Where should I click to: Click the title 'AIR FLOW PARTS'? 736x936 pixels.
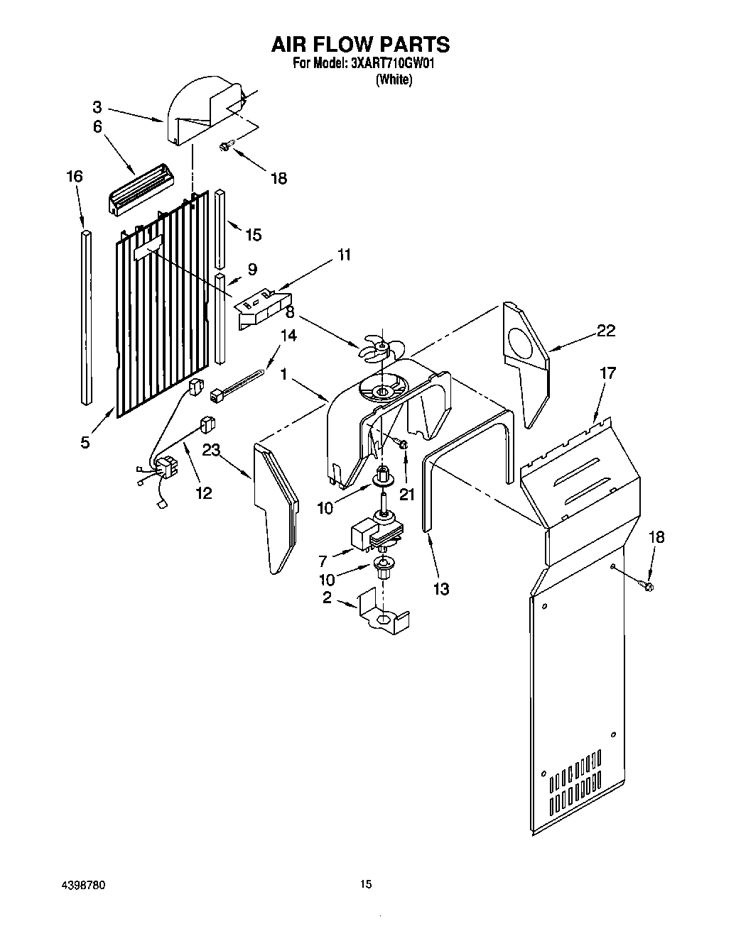coord(360,44)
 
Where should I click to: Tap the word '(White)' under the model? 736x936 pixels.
coord(394,79)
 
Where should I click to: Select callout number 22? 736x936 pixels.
coord(605,331)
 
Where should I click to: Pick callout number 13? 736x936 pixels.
coord(440,588)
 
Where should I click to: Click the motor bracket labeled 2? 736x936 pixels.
coord(384,612)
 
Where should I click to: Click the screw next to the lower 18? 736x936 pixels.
coord(648,585)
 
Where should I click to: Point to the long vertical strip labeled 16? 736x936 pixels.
coord(86,316)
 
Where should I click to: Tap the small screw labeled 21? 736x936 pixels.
coord(401,445)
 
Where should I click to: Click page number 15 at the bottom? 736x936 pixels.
coord(365,884)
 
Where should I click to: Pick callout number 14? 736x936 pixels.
coord(288,337)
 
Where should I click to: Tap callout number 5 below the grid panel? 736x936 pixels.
coord(85,442)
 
